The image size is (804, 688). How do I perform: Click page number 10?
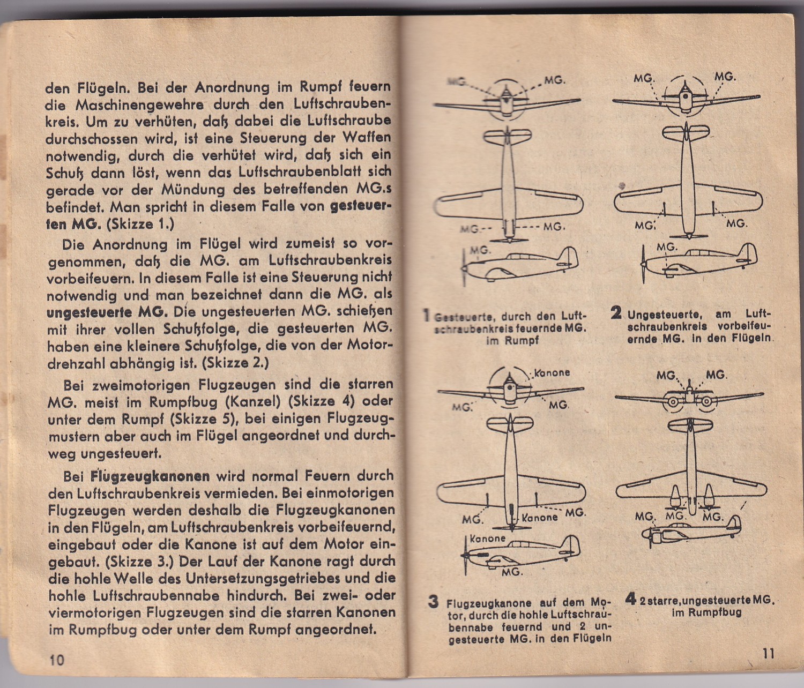point(57,660)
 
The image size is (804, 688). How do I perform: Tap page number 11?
point(768,653)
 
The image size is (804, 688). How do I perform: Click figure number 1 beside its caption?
point(427,315)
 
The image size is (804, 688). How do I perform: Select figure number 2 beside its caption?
point(616,312)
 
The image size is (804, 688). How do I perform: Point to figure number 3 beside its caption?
point(433,601)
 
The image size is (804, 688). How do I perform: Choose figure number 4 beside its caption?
point(630,599)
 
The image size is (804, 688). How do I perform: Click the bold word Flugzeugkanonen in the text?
point(150,476)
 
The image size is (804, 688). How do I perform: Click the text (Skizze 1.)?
point(140,224)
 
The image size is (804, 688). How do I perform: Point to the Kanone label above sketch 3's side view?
point(487,539)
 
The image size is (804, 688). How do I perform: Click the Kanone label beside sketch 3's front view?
point(552,372)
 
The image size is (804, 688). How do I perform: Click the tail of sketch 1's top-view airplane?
point(507,136)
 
